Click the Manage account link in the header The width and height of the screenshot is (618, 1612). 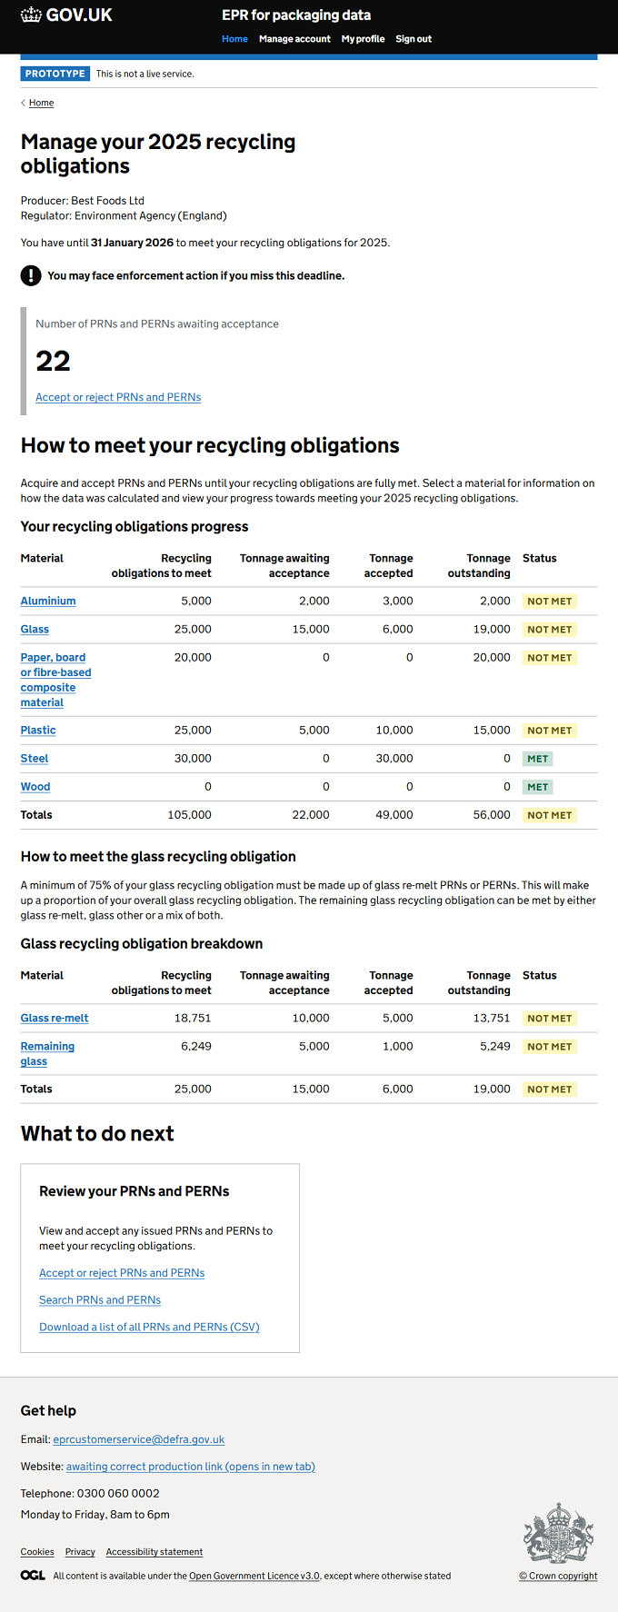294,39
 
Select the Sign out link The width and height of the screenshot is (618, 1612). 414,39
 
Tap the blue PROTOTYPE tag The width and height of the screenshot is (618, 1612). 55,74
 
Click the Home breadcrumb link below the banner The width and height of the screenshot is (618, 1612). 41,103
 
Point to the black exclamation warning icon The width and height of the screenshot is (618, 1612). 31,275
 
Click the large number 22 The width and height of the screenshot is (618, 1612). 53,361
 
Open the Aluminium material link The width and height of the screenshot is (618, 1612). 48,601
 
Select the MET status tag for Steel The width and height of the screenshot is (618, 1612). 538,759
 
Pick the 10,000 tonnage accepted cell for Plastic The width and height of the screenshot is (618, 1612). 394,730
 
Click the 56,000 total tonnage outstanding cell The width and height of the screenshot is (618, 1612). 492,815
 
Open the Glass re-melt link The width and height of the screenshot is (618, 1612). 55,1018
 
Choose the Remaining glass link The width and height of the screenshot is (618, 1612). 47,1053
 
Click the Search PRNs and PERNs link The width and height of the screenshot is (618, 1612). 100,1300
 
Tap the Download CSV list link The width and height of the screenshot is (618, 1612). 149,1328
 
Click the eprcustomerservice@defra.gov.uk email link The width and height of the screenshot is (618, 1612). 139,1439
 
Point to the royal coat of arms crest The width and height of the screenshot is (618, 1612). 559,1534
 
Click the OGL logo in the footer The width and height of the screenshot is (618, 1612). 33,1575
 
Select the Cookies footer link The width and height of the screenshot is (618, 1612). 37,1552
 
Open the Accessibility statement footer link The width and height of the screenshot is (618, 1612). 154,1552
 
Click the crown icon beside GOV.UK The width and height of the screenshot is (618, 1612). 31,15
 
